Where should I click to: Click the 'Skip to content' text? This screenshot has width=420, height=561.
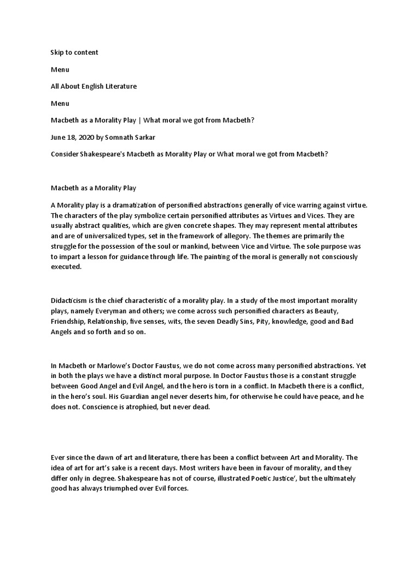pos(74,53)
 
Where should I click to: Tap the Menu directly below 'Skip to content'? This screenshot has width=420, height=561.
pos(60,70)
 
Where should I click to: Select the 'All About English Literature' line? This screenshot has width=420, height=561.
pos(94,87)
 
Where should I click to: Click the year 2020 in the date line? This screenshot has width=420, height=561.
pos(85,138)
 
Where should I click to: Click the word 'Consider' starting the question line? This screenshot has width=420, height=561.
pos(65,154)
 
